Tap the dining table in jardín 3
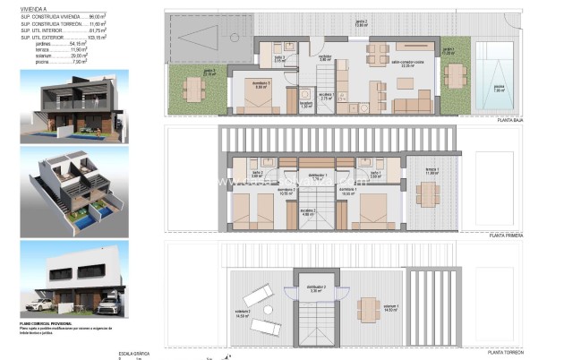pyautogui.click(x=195, y=89)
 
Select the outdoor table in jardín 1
pyautogui.click(x=454, y=73)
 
